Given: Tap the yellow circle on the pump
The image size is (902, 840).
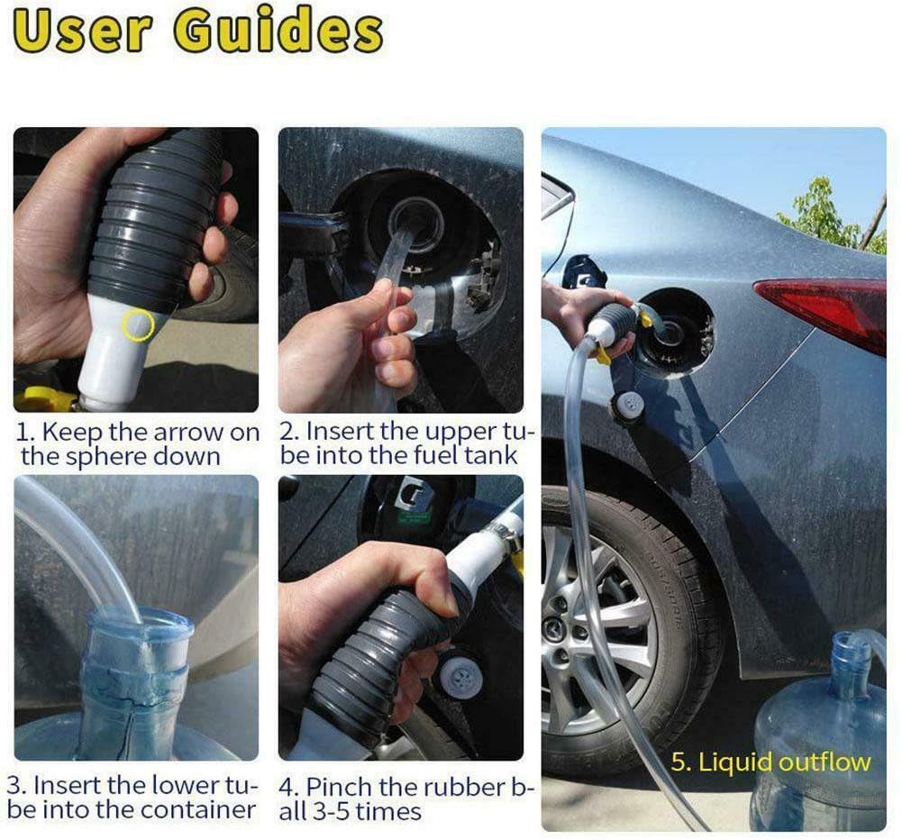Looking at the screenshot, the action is (138, 324).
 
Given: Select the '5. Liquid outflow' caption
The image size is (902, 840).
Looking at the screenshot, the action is (770, 762).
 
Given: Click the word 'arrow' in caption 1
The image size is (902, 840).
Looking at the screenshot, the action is (187, 432).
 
